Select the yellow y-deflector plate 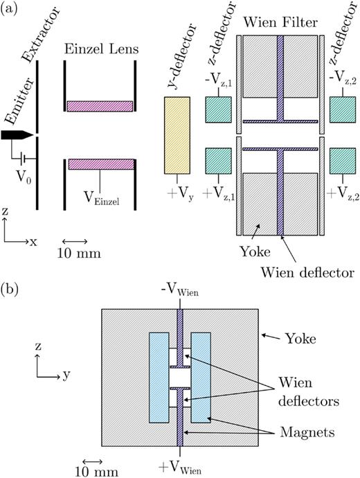(177, 135)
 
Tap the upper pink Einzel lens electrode (100, 106)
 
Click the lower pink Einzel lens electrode (101, 164)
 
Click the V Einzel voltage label (102, 198)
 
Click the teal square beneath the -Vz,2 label (343, 109)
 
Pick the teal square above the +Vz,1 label (218, 161)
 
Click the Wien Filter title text (280, 23)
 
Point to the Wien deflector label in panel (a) (307, 272)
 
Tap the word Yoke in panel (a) (255, 251)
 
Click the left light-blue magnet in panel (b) (159, 378)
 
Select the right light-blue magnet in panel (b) (201, 378)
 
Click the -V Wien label (180, 290)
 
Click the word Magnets (307, 432)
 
